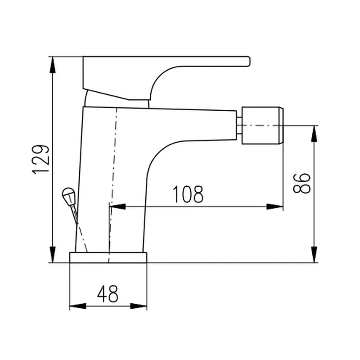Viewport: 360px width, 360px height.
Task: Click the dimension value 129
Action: (40, 159)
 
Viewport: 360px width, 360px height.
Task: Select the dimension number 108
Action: (188, 194)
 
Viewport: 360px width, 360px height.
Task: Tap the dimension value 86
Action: (302, 183)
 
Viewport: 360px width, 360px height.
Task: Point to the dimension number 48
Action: (108, 294)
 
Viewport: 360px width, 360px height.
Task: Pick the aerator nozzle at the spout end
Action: (262, 126)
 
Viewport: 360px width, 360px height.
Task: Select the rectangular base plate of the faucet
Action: (108, 257)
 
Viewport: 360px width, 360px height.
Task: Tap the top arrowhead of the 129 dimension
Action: (53, 65)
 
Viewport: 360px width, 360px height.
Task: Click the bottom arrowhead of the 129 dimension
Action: (53, 254)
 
